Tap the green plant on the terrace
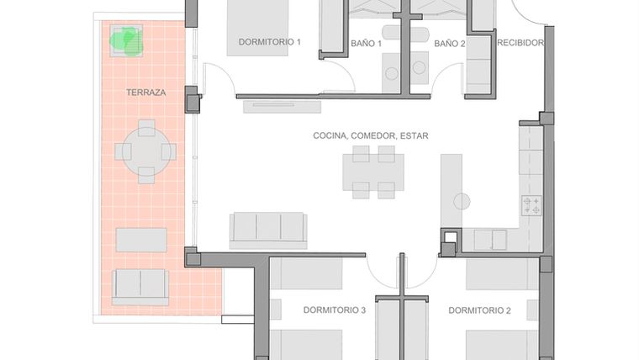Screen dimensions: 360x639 127,39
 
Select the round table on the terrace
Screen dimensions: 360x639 146,151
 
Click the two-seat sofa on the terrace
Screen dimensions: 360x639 140,286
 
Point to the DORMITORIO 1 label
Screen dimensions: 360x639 269,42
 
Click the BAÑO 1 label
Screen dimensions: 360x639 367,43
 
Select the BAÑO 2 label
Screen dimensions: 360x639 449,43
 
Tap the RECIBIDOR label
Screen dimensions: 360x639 520,43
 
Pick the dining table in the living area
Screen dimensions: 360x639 373,172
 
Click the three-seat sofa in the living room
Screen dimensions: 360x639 268,227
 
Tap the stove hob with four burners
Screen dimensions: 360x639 531,205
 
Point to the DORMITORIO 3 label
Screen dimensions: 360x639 334,310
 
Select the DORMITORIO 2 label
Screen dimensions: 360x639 479,310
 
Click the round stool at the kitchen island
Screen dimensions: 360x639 462,200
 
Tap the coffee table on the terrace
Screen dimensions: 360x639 141,240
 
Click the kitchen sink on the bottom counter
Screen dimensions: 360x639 489,241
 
